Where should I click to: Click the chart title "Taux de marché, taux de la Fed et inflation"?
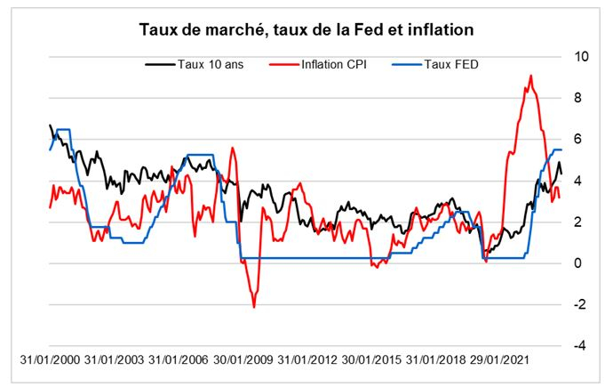[x=306, y=28]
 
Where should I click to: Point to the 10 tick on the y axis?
[x=582, y=56]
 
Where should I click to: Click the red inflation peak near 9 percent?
[x=530, y=77]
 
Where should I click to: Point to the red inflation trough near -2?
[x=254, y=306]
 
